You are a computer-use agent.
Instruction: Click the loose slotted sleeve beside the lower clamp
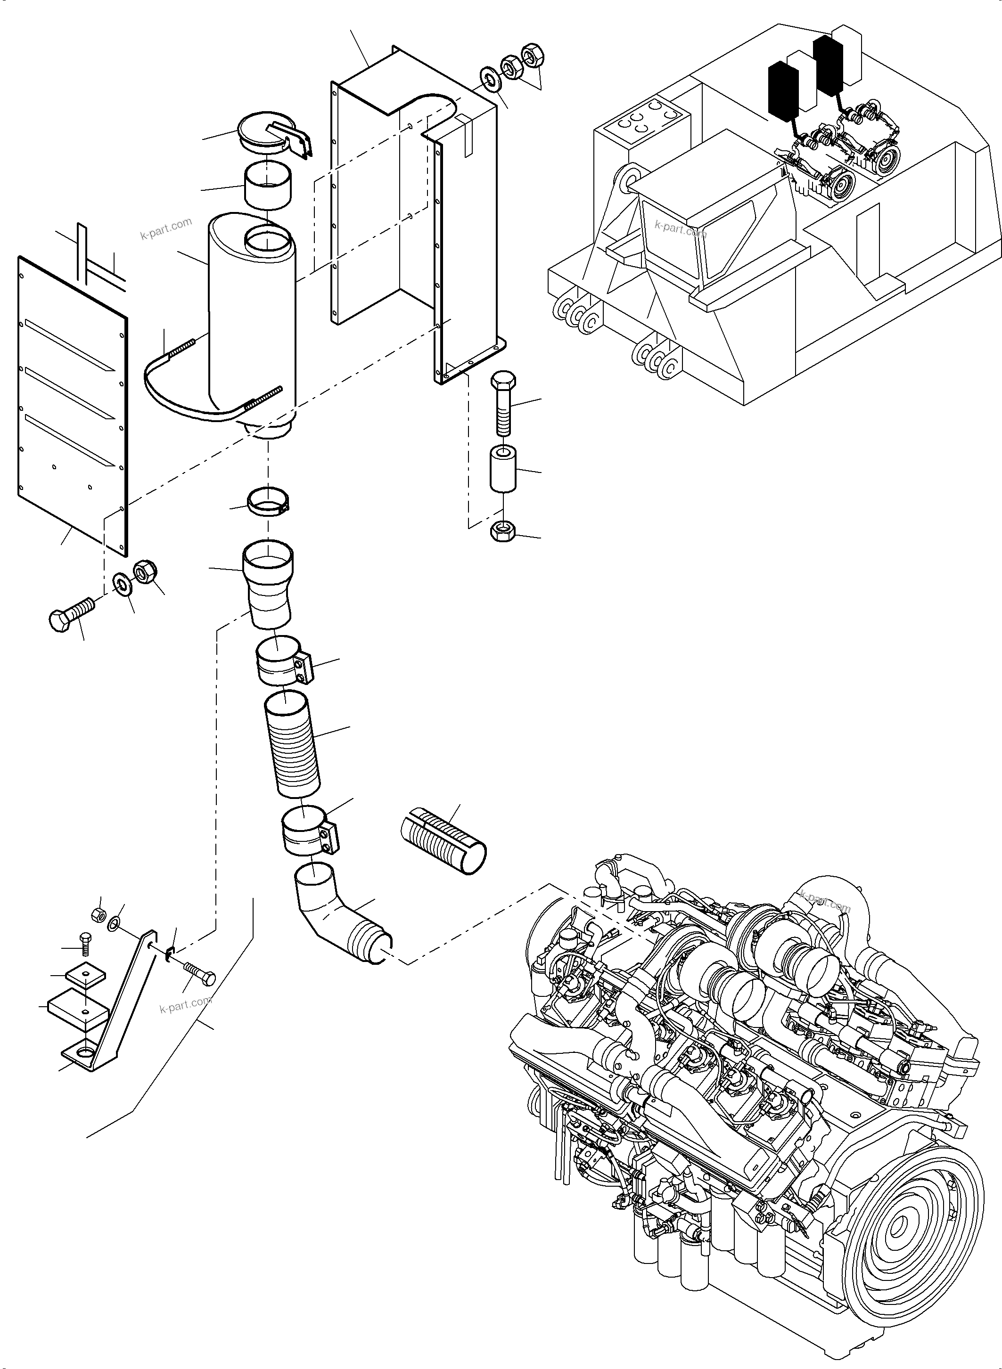click(x=444, y=839)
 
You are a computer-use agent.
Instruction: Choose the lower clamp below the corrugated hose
click(x=309, y=830)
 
